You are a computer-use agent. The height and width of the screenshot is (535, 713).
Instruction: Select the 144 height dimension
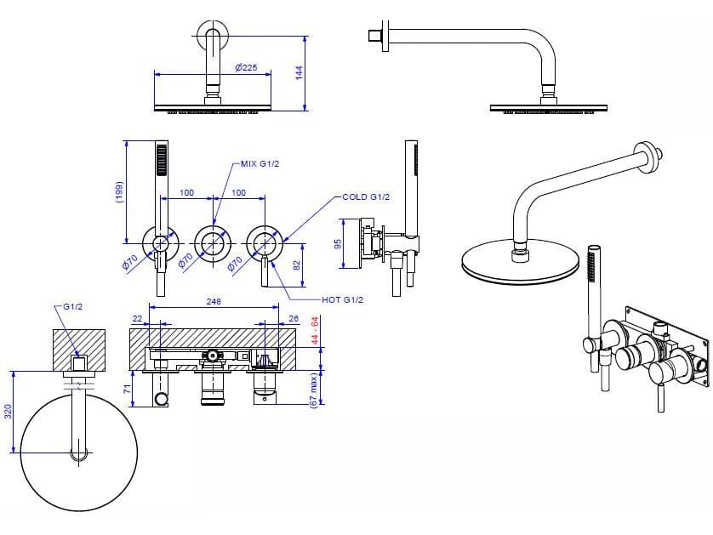(x=299, y=72)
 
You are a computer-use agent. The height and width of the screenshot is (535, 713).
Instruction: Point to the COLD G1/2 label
(x=366, y=197)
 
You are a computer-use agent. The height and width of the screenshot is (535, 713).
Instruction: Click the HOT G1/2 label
(x=343, y=299)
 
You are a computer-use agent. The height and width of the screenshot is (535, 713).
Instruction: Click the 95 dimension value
(x=338, y=243)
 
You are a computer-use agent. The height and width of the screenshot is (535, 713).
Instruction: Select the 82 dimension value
(x=297, y=265)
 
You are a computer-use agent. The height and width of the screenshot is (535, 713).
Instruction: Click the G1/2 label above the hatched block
(x=73, y=305)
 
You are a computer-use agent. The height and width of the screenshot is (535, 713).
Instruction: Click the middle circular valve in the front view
(x=213, y=242)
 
